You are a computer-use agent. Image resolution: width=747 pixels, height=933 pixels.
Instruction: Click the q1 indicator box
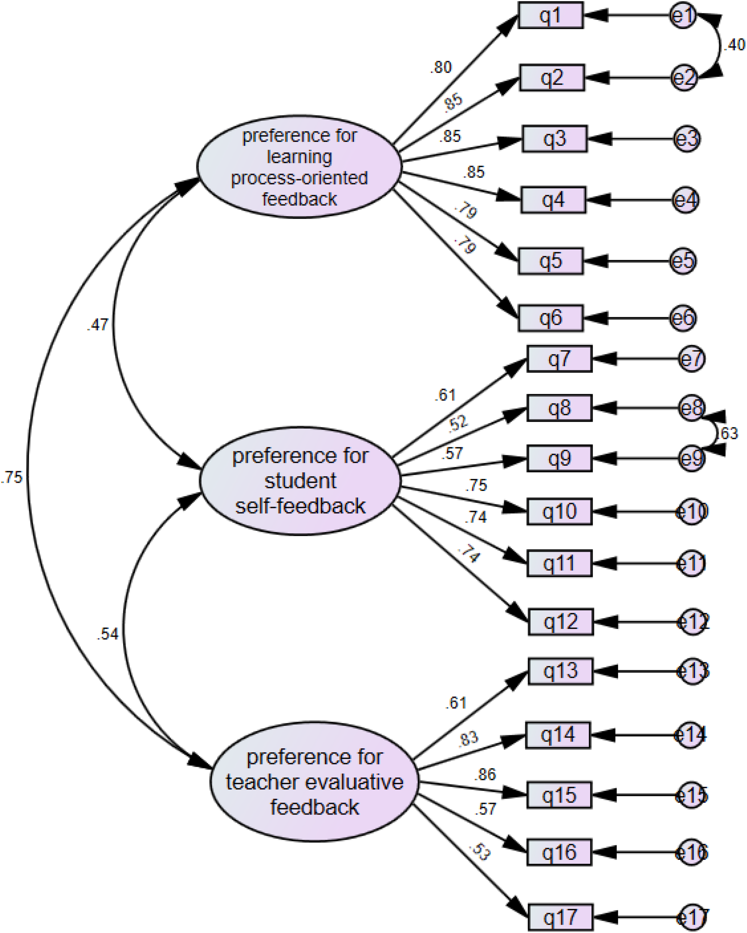coord(551,16)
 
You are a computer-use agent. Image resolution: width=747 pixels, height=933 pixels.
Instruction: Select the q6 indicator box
coord(551,318)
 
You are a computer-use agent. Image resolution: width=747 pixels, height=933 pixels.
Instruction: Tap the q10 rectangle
coord(559,512)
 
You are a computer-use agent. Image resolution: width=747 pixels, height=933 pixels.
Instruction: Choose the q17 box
coord(560,917)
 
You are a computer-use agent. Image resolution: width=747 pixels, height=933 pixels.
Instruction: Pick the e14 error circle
coord(690,735)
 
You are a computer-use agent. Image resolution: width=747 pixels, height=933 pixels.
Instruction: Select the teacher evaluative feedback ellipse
coord(315,781)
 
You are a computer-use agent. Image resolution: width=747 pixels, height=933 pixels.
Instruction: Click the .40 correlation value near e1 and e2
coord(734,44)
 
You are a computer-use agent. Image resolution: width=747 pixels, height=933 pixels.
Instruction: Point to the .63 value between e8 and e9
coord(728,433)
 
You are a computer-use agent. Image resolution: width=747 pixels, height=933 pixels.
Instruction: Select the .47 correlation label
coord(98,324)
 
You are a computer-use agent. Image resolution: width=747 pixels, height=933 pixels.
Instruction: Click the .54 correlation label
coord(107,634)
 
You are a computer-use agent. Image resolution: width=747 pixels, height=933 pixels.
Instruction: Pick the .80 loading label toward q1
coord(441,67)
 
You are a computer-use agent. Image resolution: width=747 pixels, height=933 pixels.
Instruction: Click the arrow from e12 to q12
coord(636,622)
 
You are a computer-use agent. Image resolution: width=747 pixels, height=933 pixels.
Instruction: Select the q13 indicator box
coord(560,671)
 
